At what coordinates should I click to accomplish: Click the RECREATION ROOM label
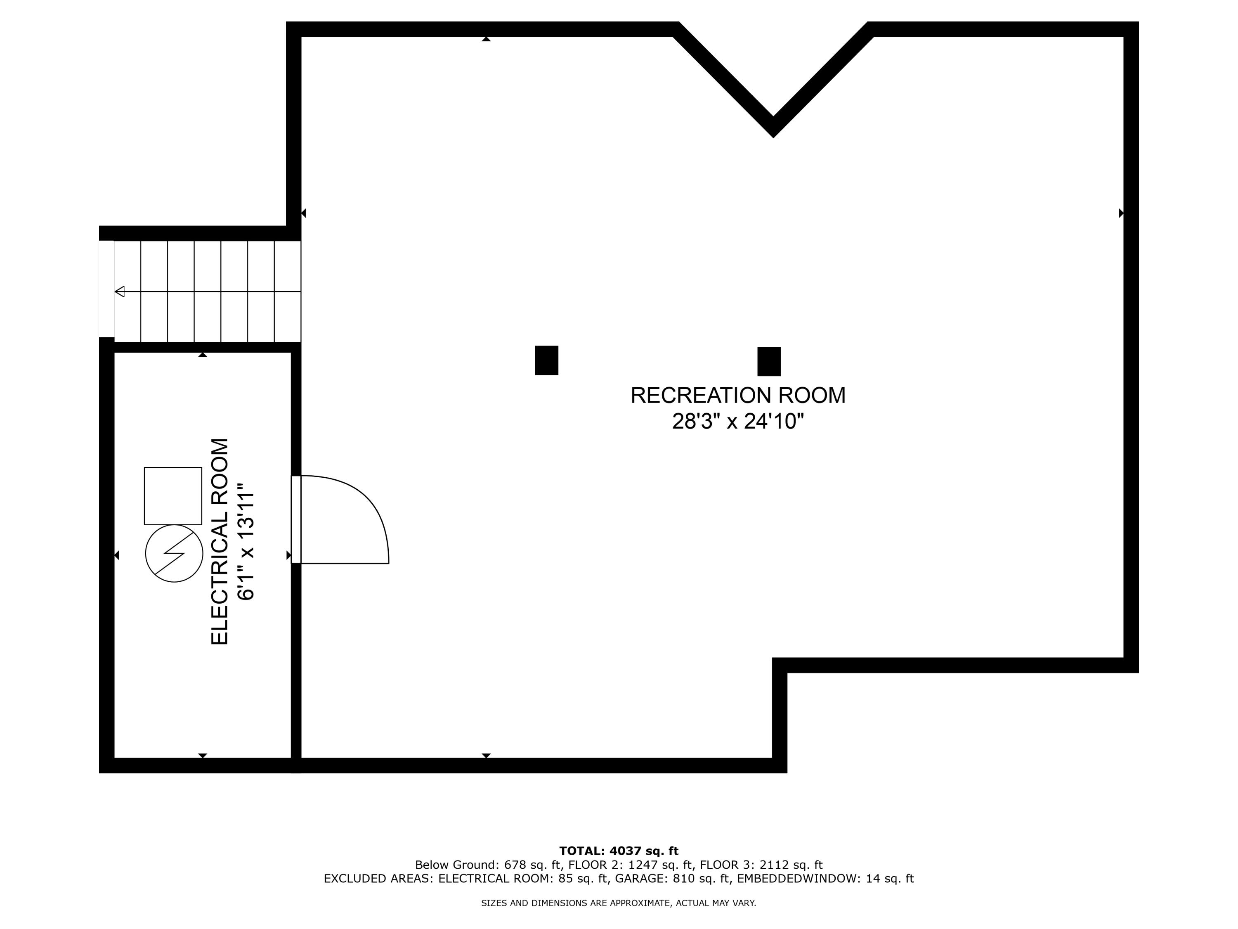[738, 396]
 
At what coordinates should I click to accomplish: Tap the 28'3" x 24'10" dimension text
[738, 421]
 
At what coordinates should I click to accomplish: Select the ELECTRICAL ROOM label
[220, 541]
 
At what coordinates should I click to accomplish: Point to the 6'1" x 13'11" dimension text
[246, 541]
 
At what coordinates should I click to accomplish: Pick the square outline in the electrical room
[173, 495]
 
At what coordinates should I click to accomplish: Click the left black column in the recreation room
[546, 360]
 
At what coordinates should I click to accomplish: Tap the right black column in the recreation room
[768, 361]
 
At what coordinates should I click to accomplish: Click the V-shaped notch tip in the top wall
[773, 128]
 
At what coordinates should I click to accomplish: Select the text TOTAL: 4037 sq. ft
[619, 851]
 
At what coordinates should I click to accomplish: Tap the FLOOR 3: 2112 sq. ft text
[761, 865]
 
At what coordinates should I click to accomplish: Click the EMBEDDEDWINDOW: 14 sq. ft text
[825, 879]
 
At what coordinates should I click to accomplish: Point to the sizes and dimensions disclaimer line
[619, 903]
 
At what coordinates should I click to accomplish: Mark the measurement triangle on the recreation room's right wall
[1120, 213]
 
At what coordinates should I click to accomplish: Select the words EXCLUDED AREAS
[378, 879]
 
